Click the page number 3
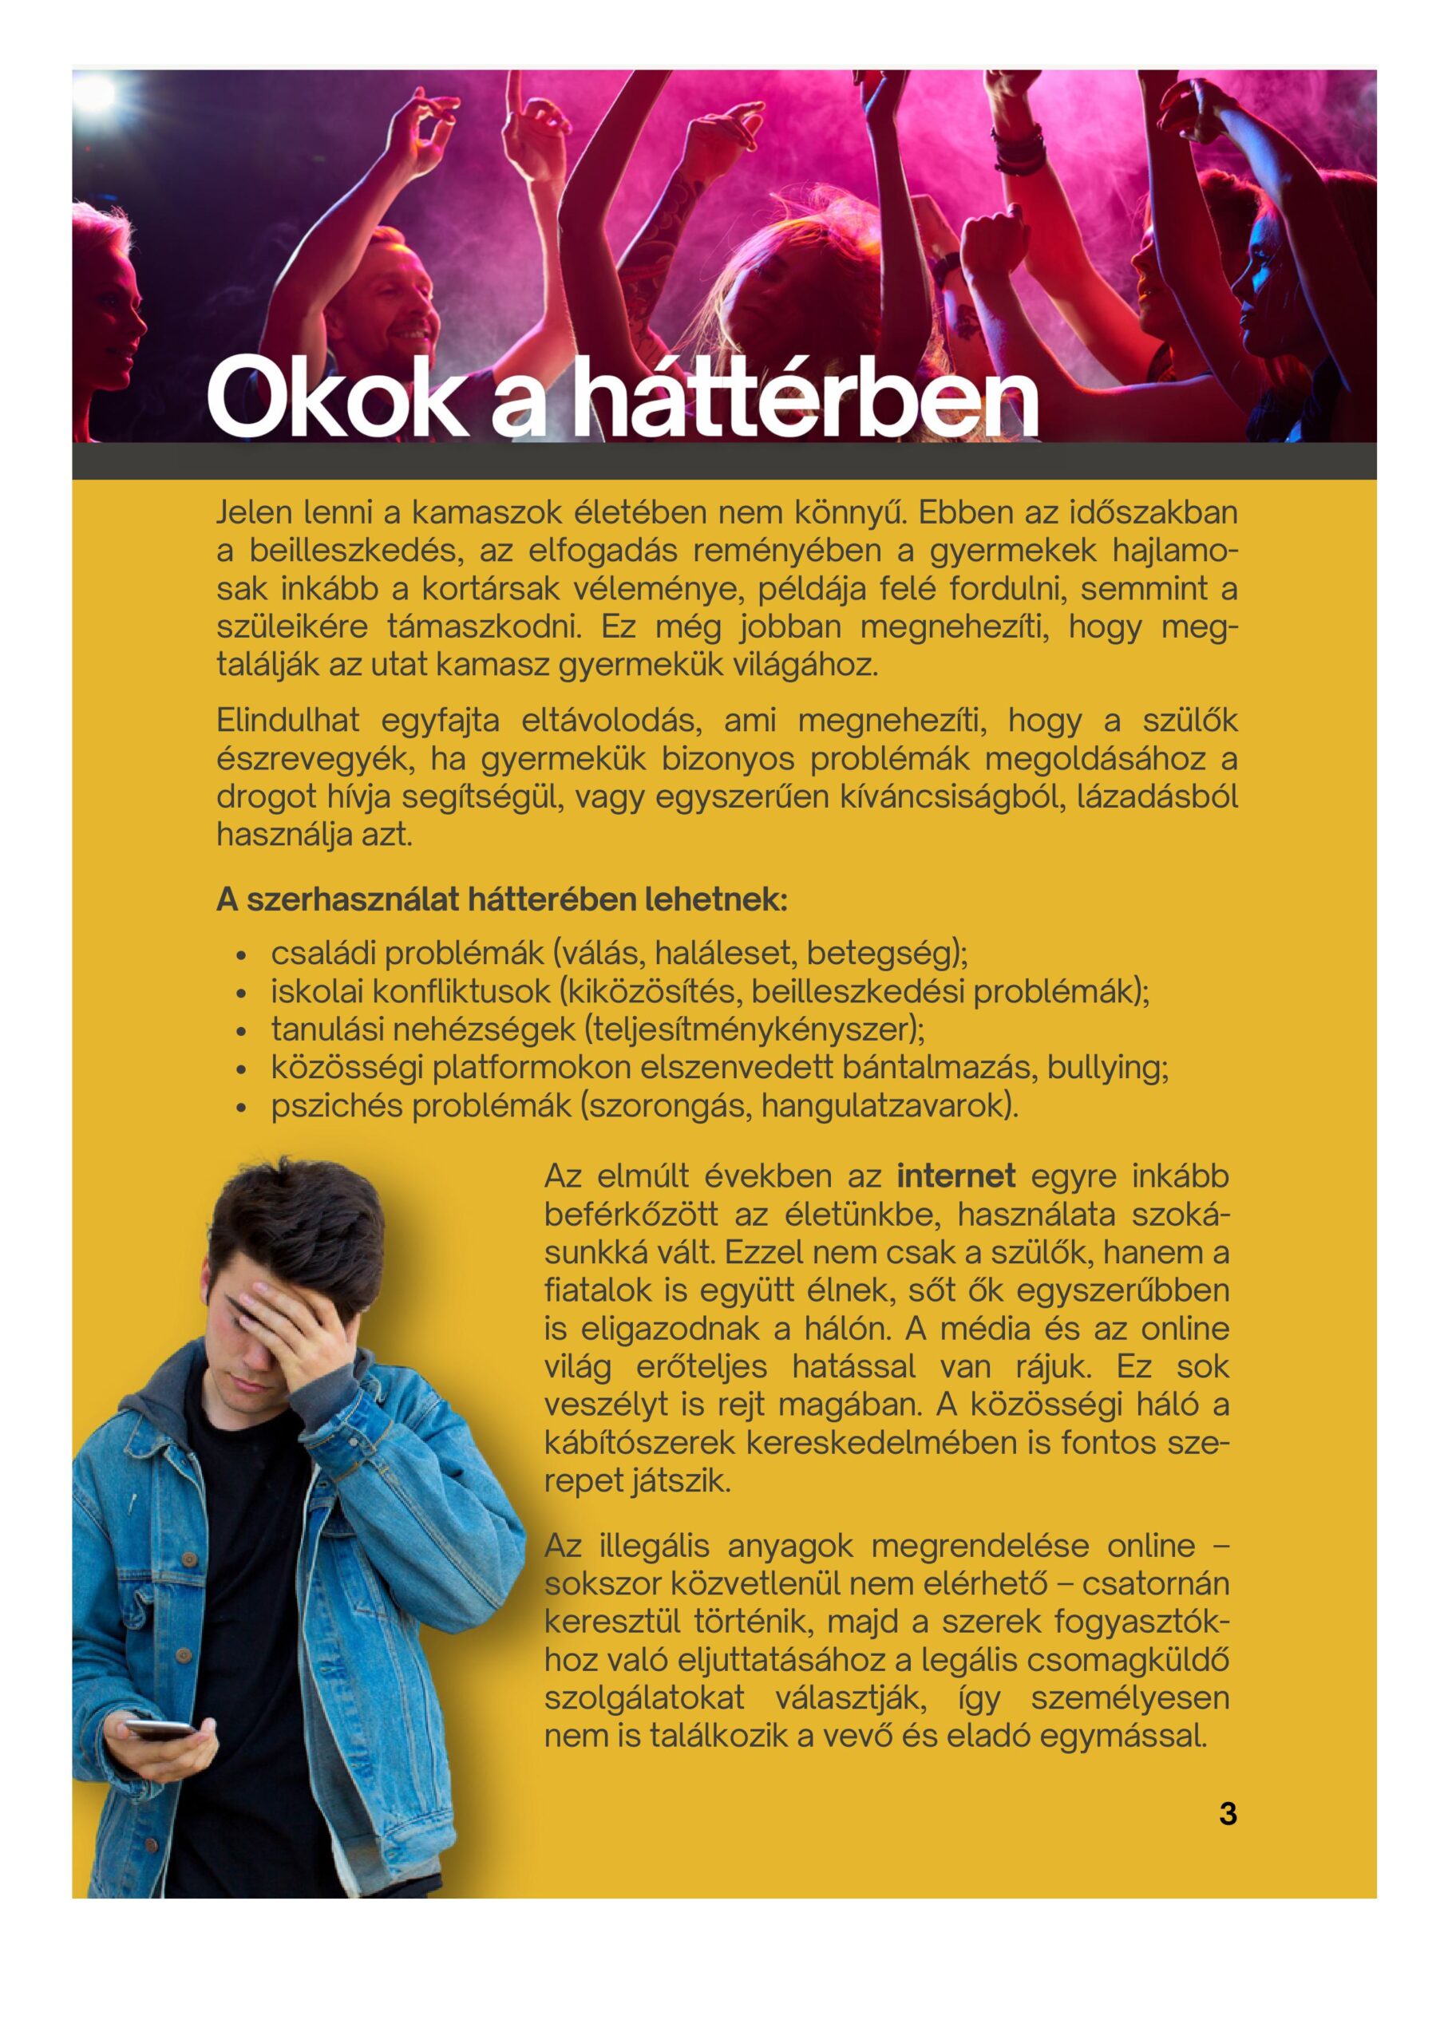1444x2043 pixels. (x=1228, y=1814)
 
